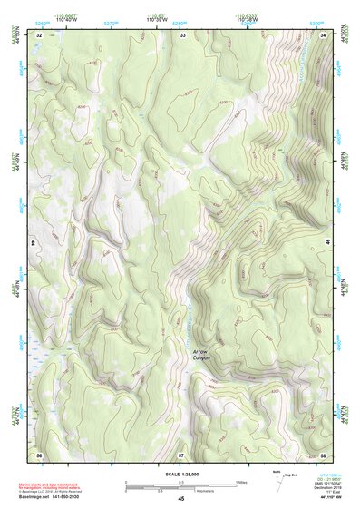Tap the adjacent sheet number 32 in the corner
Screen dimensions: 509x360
tap(39, 34)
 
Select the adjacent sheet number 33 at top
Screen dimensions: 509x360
tap(182, 34)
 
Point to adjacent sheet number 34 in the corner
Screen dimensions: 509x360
tap(324, 34)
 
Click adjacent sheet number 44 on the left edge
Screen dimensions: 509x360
tap(34, 244)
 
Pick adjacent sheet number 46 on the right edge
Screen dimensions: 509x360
tap(327, 244)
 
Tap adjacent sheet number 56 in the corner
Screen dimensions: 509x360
tap(39, 454)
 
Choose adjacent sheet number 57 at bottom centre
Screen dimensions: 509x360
tap(180, 454)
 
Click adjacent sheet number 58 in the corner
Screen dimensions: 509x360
tap(324, 454)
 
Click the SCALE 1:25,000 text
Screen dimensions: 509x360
tap(180, 475)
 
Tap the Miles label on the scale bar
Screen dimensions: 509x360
tap(239, 481)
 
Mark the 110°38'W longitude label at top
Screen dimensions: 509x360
tap(246, 18)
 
